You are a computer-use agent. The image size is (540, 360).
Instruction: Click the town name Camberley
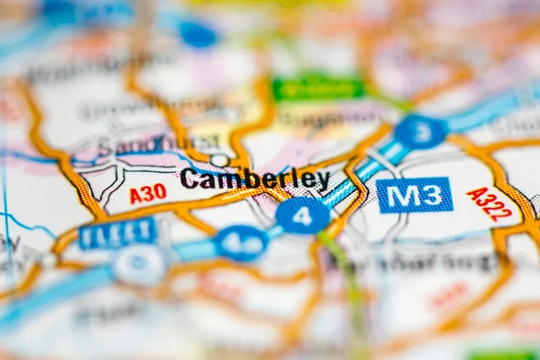pos(255,179)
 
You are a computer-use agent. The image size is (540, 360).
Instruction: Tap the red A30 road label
pos(148,193)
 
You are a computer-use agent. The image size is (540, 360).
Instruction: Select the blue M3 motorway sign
pos(414,195)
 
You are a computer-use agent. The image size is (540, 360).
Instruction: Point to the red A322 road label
pos(489,203)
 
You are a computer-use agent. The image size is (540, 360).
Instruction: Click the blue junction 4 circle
pos(302,215)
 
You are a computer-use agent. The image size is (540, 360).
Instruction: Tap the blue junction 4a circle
pos(241,243)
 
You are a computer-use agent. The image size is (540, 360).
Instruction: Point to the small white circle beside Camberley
pos(219,160)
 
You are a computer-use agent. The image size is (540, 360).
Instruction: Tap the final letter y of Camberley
pos(323,180)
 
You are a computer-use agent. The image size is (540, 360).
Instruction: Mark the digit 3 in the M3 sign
pos(433,195)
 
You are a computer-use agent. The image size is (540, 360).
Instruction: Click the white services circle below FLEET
pos(139,264)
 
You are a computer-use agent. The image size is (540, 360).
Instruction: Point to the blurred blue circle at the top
pos(197,33)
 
